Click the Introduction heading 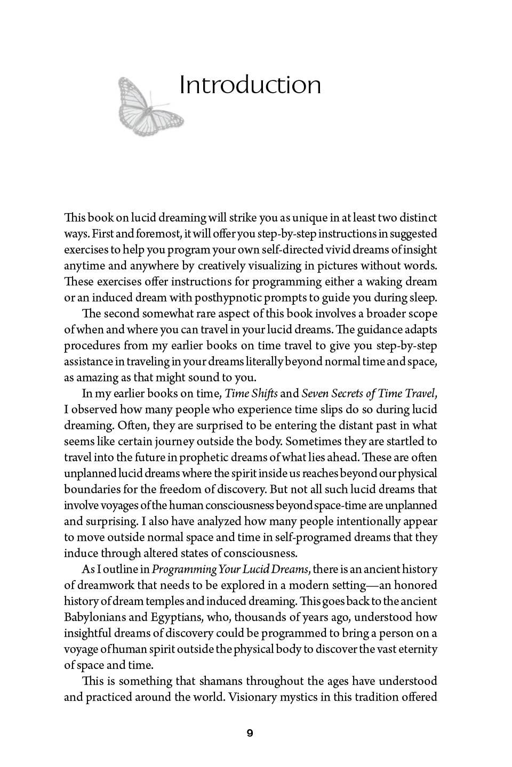pos(250,85)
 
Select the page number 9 pos(250,733)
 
